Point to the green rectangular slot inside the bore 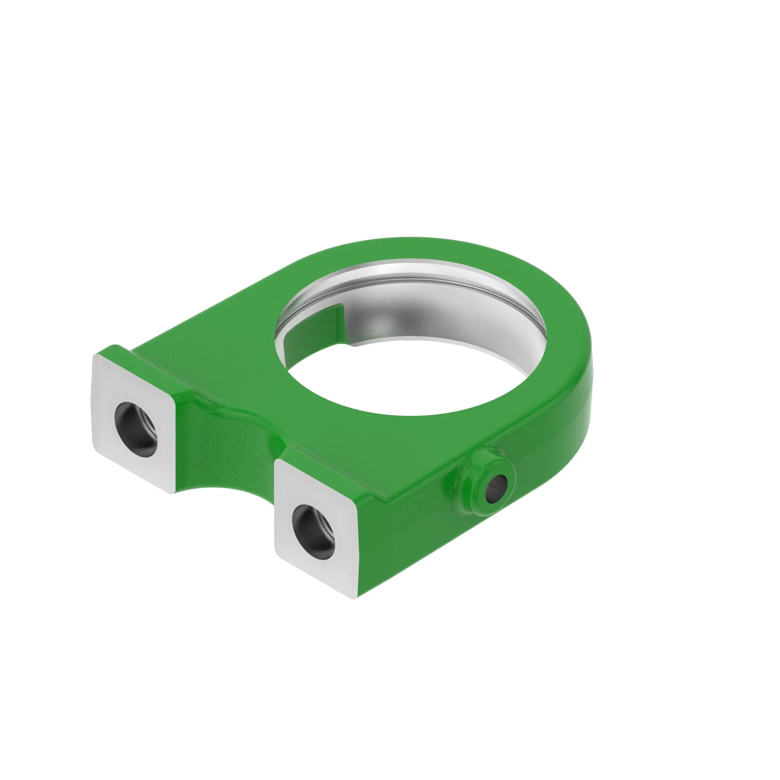coord(313,331)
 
